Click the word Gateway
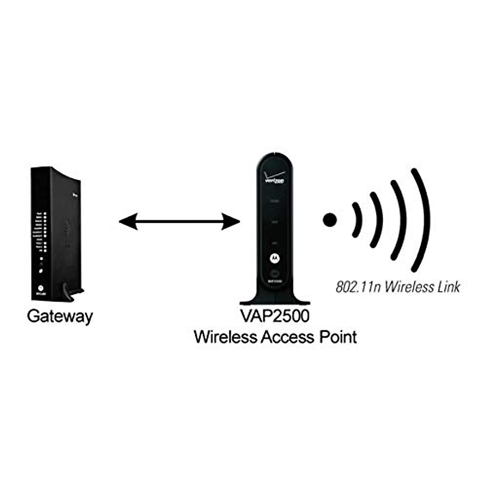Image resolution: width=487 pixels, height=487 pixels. pos(60,316)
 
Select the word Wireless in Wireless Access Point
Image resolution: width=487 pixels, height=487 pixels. pos(225,337)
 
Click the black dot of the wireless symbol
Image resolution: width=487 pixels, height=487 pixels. pos(330,220)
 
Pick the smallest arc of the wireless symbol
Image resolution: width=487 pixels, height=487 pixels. pos(357,220)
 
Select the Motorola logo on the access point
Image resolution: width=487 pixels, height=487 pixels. pos(274,257)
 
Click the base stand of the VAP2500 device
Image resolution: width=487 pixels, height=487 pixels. pos(274,300)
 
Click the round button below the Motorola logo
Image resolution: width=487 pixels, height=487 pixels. pos(274,273)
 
